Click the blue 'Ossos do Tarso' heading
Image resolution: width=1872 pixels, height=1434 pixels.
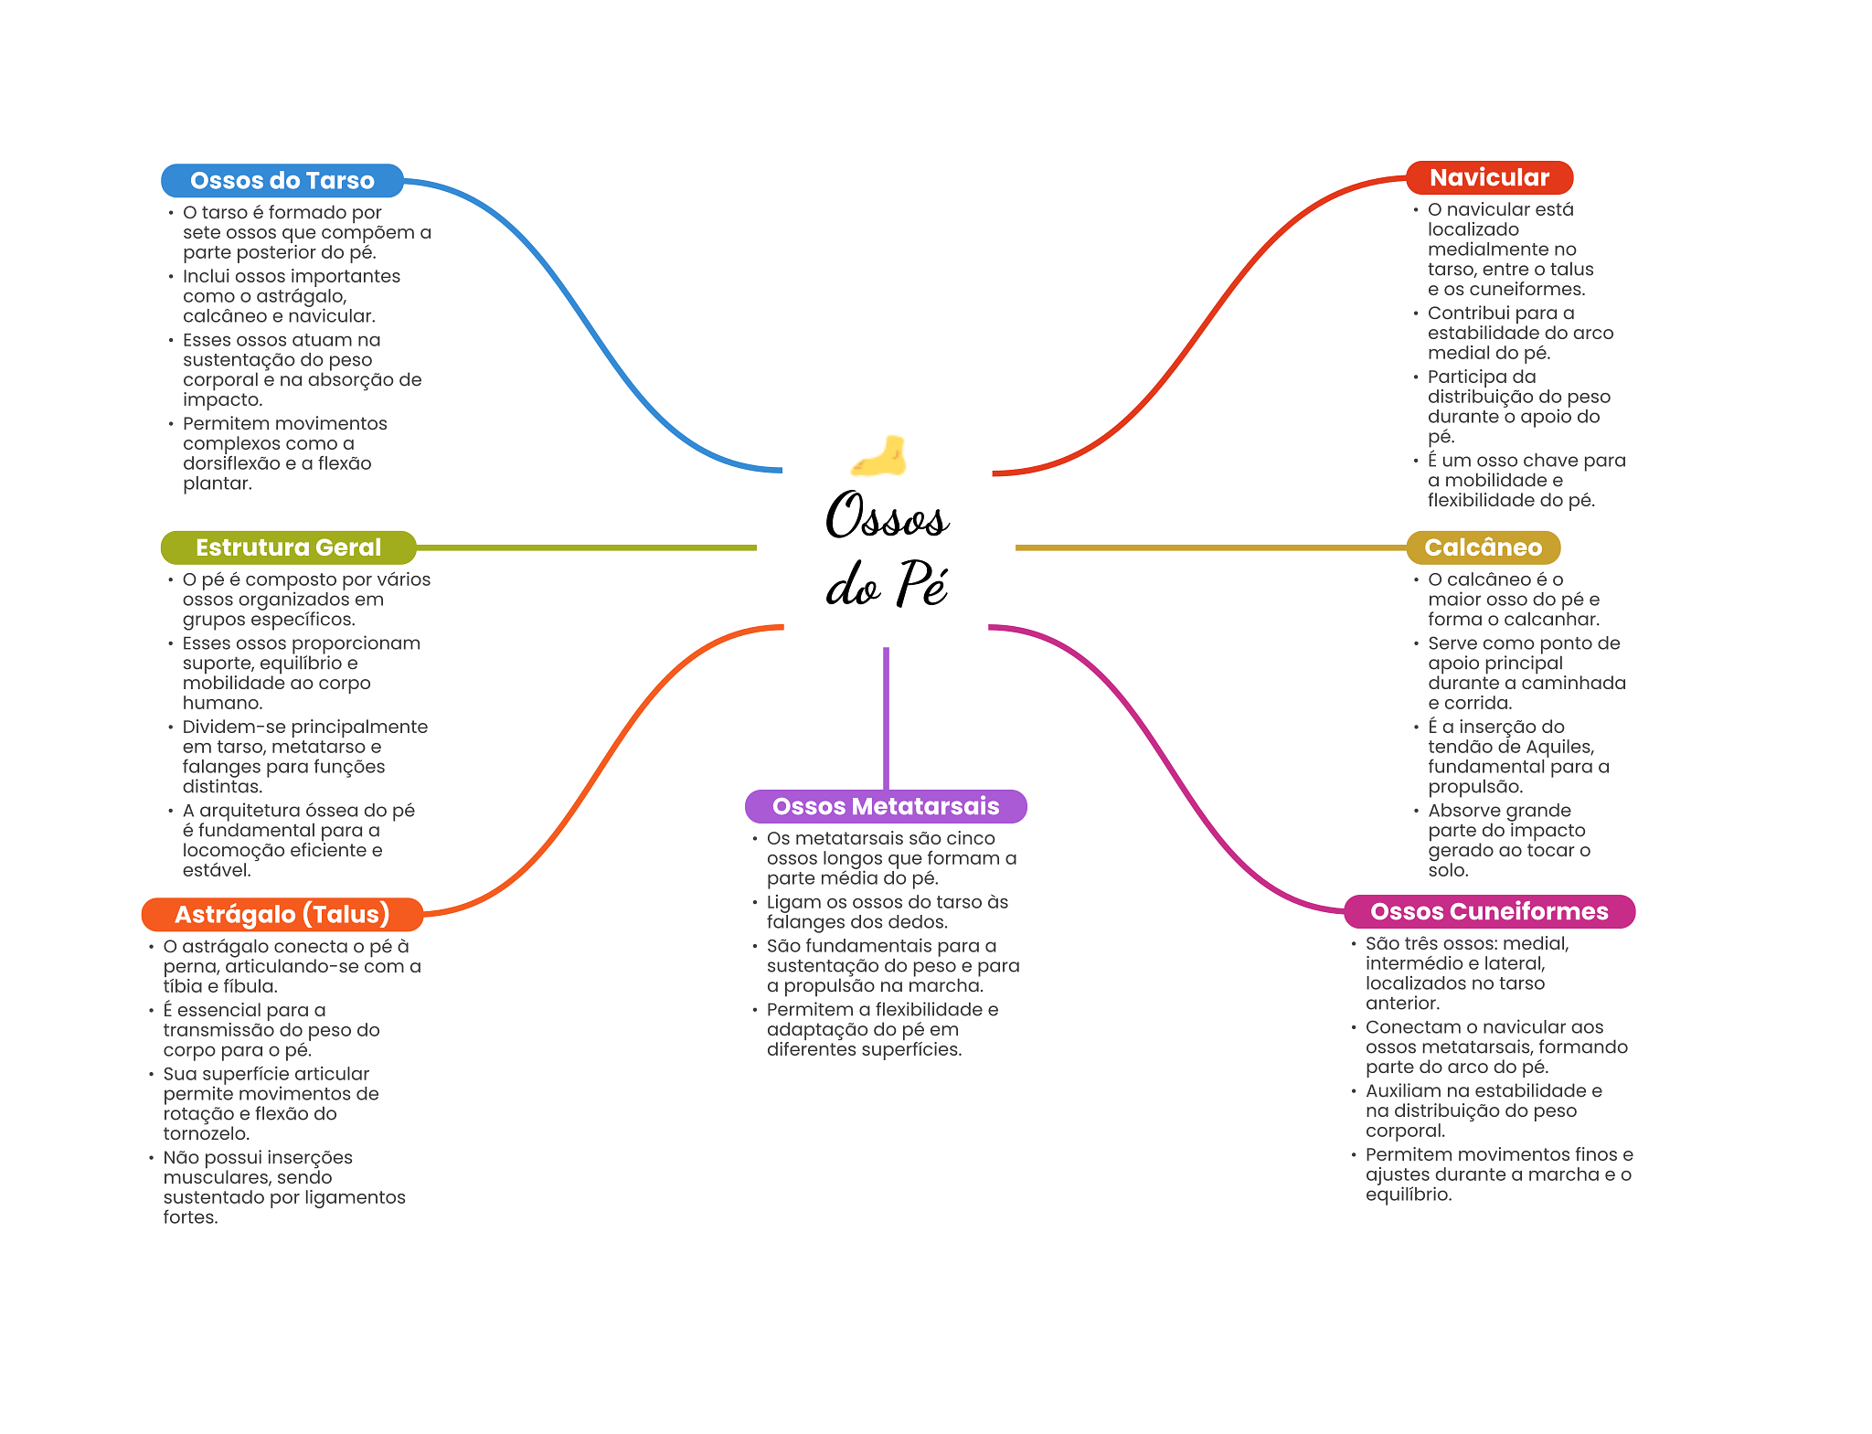pyautogui.click(x=282, y=180)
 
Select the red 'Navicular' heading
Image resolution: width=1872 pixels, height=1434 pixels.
pyautogui.click(x=1489, y=177)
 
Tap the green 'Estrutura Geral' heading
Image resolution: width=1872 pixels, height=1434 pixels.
pyautogui.click(x=288, y=547)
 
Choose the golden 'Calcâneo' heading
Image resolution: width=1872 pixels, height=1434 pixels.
pyautogui.click(x=1483, y=547)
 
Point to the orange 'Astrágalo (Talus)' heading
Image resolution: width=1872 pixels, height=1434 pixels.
pyautogui.click(x=282, y=914)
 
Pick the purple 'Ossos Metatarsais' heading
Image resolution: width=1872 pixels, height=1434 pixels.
pyautogui.click(x=886, y=806)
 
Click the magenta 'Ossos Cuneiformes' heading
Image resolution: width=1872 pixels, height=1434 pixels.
pyautogui.click(x=1489, y=911)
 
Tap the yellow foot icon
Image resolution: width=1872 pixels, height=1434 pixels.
pyautogui.click(x=878, y=455)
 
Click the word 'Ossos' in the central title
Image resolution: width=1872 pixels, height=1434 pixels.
pyautogui.click(x=887, y=516)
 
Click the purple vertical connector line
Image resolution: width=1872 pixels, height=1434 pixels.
pyautogui.click(x=886, y=718)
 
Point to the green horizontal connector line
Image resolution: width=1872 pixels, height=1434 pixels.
pyautogui.click(x=586, y=547)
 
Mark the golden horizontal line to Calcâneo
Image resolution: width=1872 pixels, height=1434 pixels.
pyautogui.click(x=1210, y=547)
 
